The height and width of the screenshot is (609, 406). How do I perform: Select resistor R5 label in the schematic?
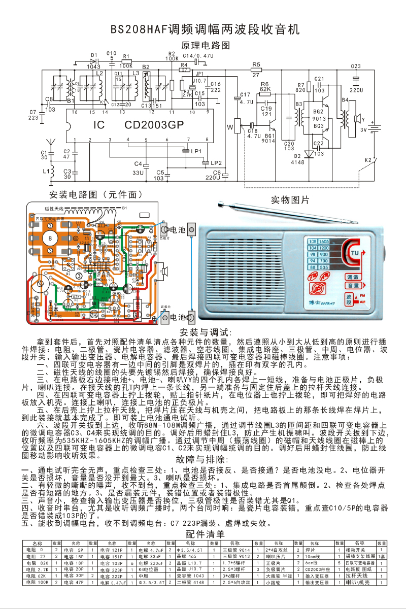click(256, 64)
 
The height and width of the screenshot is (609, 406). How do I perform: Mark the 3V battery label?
click(363, 130)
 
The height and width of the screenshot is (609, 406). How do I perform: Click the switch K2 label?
click(367, 160)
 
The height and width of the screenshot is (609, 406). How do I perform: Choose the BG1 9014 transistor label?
click(269, 139)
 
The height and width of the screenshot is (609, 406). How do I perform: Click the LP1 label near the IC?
click(196, 151)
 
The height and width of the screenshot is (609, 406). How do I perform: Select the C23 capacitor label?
click(355, 66)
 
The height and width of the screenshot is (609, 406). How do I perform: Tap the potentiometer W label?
click(229, 125)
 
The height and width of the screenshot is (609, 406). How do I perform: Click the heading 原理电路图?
click(205, 46)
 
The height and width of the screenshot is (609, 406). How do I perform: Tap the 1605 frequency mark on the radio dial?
click(324, 241)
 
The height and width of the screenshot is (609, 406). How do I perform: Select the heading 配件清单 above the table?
click(205, 534)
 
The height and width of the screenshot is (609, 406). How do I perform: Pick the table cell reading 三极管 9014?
click(237, 550)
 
